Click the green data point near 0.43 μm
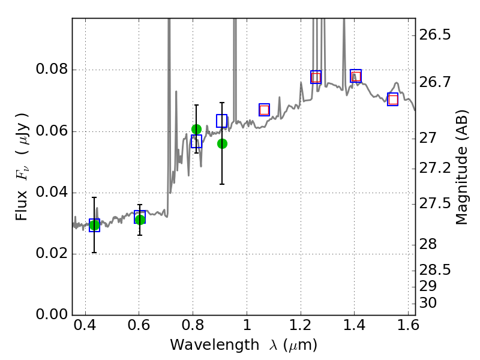tap(94, 225)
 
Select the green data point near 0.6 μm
tap(140, 220)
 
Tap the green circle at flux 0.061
tap(196, 129)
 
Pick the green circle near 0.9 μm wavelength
tap(222, 143)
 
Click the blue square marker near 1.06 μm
tap(264, 109)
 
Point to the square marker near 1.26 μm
tap(316, 77)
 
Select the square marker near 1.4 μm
tap(356, 76)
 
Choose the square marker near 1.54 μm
tap(393, 100)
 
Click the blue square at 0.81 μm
tap(196, 142)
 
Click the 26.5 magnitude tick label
tap(436, 35)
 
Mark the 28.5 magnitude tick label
tap(436, 269)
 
